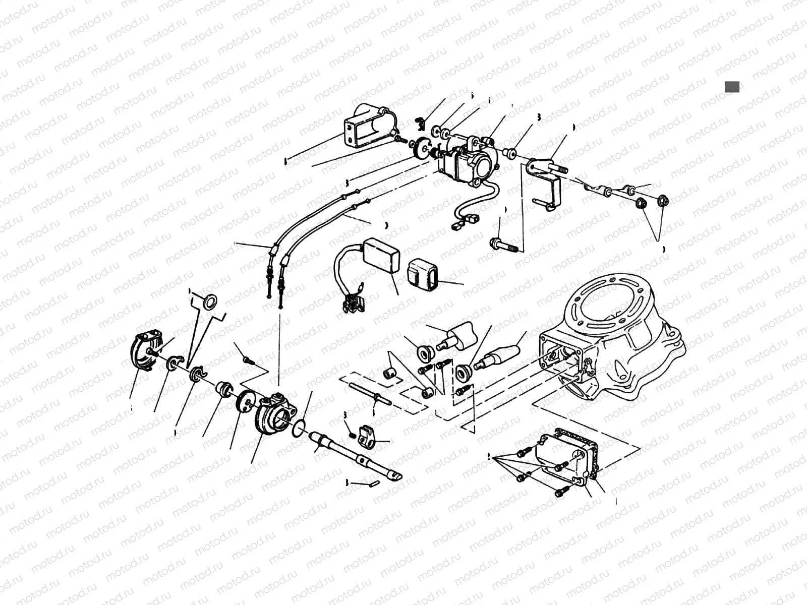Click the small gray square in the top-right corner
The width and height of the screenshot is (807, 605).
tap(732, 87)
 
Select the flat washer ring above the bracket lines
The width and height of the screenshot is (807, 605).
tap(210, 302)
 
